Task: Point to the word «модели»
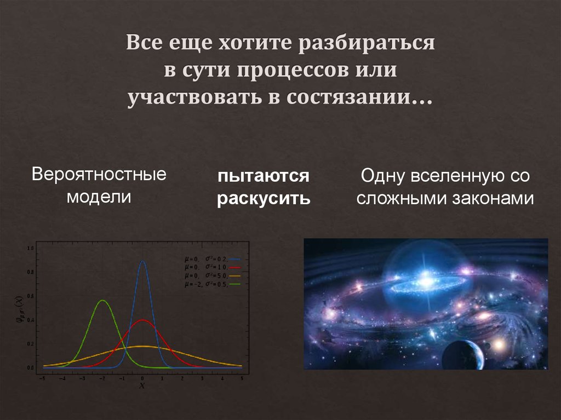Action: (x=99, y=196)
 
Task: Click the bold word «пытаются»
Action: (x=264, y=177)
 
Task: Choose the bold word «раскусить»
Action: (x=264, y=198)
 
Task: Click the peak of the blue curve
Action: (x=142, y=261)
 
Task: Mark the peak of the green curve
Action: (x=102, y=301)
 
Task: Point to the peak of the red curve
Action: (x=142, y=320)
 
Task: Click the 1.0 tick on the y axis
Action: (x=31, y=249)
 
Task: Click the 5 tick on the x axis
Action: (x=242, y=378)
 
